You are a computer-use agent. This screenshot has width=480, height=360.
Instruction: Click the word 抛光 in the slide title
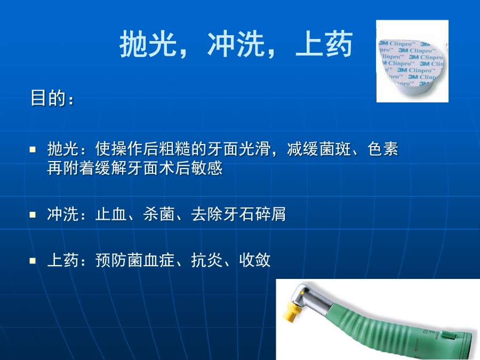click(x=148, y=44)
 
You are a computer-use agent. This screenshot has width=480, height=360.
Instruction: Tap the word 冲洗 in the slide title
click(x=236, y=44)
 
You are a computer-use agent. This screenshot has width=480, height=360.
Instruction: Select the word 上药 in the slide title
click(x=324, y=44)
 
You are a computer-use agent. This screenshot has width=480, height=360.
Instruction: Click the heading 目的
click(x=49, y=98)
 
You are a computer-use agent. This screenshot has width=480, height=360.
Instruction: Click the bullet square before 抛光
click(x=33, y=149)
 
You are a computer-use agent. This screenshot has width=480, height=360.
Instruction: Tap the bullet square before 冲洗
click(x=33, y=214)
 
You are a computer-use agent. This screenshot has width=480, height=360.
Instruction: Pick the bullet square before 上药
click(x=33, y=261)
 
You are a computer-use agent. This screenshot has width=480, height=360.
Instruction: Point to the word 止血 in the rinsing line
click(x=111, y=214)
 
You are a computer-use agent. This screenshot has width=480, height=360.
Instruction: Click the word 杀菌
click(x=159, y=214)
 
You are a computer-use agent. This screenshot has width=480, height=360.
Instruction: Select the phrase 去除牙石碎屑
click(x=238, y=214)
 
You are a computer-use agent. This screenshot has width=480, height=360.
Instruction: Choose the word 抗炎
click(x=206, y=260)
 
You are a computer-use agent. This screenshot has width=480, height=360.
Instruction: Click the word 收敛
click(x=255, y=260)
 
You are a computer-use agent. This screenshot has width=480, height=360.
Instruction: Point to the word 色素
click(x=382, y=149)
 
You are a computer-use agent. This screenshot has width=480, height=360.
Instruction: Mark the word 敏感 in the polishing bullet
click(x=206, y=168)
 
